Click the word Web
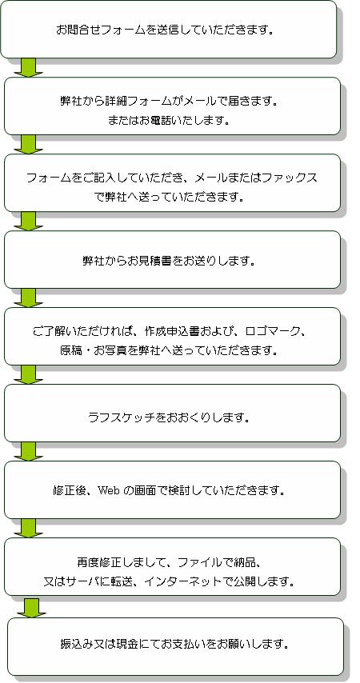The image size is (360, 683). tap(108, 490)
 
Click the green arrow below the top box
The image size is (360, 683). tap(28, 67)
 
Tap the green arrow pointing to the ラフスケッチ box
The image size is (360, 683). tap(28, 374)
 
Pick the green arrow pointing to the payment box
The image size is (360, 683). tap(31, 608)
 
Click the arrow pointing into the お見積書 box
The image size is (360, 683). tap(28, 222)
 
